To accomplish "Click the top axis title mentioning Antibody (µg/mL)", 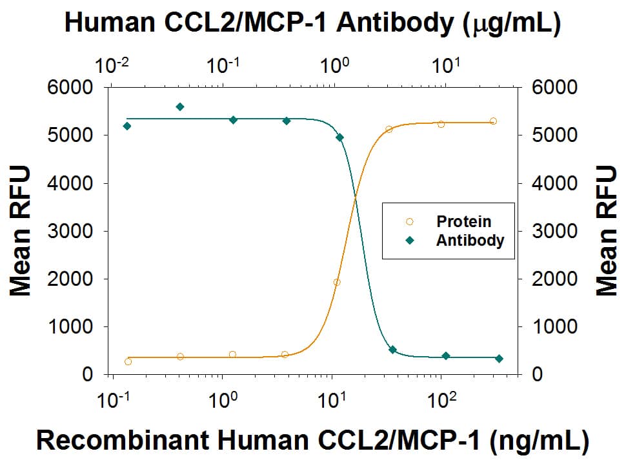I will pyautogui.click(x=313, y=25).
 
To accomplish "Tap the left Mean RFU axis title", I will pyautogui.click(x=21, y=230).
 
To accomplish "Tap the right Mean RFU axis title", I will pyautogui.click(x=607, y=230).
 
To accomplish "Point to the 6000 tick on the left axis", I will pyautogui.click(x=72, y=88).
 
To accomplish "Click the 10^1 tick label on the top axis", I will pyautogui.click(x=446, y=65).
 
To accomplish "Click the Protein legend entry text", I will pyautogui.click(x=463, y=222).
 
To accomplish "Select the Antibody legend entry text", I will pyautogui.click(x=470, y=240).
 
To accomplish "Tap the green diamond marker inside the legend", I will pyautogui.click(x=409, y=241).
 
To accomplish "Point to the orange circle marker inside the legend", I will pyautogui.click(x=409, y=222).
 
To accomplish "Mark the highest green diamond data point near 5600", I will pyautogui.click(x=180, y=106).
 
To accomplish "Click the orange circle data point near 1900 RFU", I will pyautogui.click(x=336, y=282).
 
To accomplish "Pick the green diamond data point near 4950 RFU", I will pyautogui.click(x=340, y=137).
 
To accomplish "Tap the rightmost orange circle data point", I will pyautogui.click(x=493, y=121).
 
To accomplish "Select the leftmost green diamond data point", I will pyautogui.click(x=127, y=126).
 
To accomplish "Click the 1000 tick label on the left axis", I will pyautogui.click(x=72, y=326).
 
